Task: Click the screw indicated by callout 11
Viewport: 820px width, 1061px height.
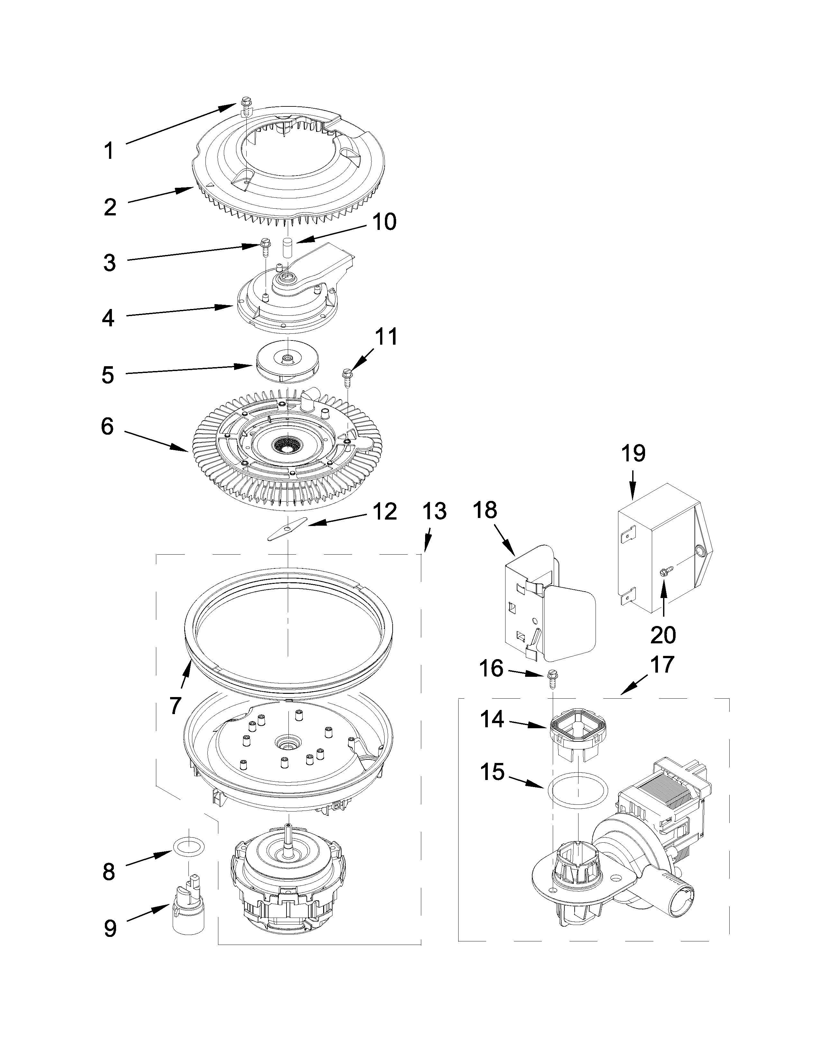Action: pos(347,376)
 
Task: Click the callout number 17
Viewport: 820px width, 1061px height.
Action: pos(662,665)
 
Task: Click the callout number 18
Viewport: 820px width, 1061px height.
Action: pos(484,510)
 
